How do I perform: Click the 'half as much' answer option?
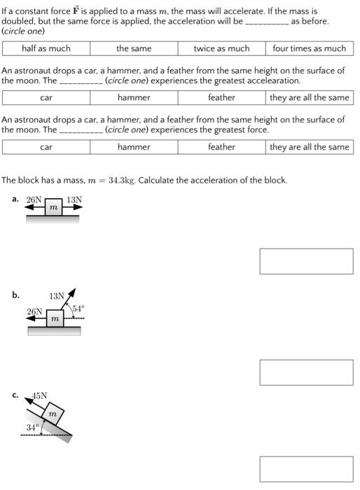pyautogui.click(x=46, y=48)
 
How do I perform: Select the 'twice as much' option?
pyautogui.click(x=221, y=48)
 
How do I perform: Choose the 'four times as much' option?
pyautogui.click(x=309, y=48)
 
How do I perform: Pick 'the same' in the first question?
pyautogui.click(x=134, y=48)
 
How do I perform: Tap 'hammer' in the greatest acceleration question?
pyautogui.click(x=134, y=97)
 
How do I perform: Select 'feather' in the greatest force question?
pyautogui.click(x=221, y=147)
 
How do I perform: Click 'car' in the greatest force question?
pyautogui.click(x=46, y=147)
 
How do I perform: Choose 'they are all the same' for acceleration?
pyautogui.click(x=309, y=97)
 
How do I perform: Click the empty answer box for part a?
pyautogui.click(x=306, y=261)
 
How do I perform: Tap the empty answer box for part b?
pyautogui.click(x=306, y=372)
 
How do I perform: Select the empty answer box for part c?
pyautogui.click(x=306, y=469)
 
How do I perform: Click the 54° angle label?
pyautogui.click(x=77, y=309)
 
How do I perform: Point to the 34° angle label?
pyautogui.click(x=32, y=426)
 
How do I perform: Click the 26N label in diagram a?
pyautogui.click(x=34, y=199)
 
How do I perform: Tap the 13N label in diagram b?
pyautogui.click(x=57, y=296)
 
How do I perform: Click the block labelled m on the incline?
pyautogui.click(x=51, y=414)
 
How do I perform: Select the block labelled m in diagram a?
pyautogui.click(x=53, y=208)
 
